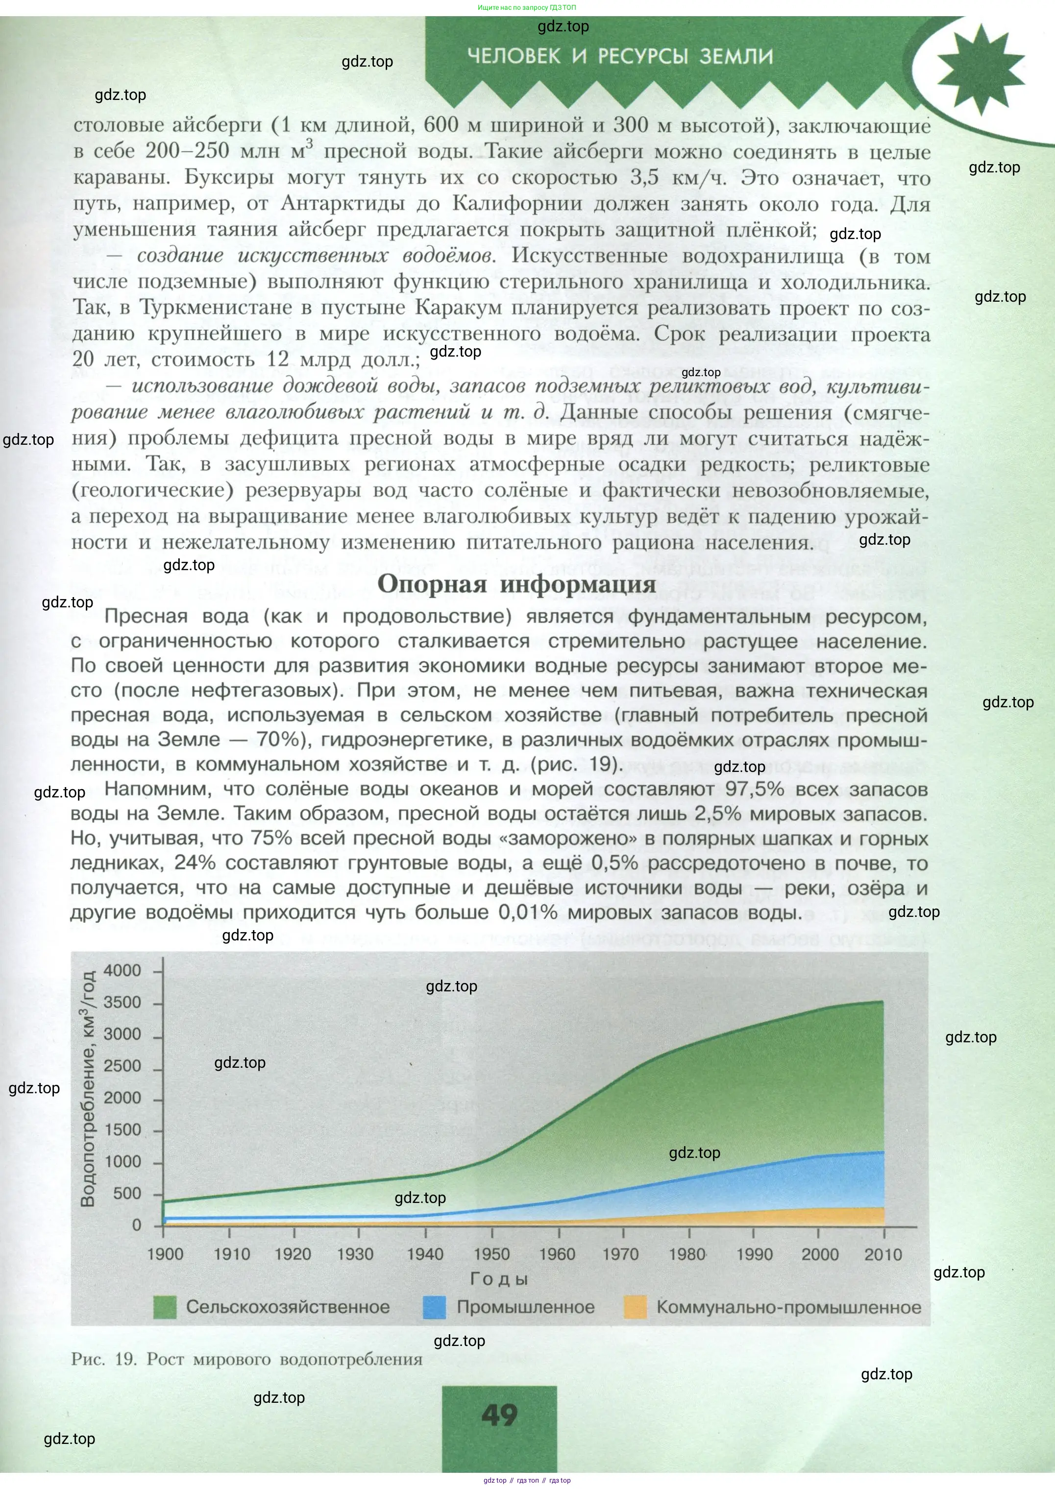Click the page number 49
tap(499, 1415)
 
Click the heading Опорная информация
tap(516, 583)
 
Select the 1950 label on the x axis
tap(492, 1254)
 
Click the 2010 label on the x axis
tap(883, 1254)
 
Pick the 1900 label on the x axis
tap(165, 1254)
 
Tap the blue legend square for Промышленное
tap(434, 1307)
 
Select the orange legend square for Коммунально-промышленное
tap(635, 1307)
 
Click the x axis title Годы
tap(499, 1279)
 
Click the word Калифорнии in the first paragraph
tap(516, 203)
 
